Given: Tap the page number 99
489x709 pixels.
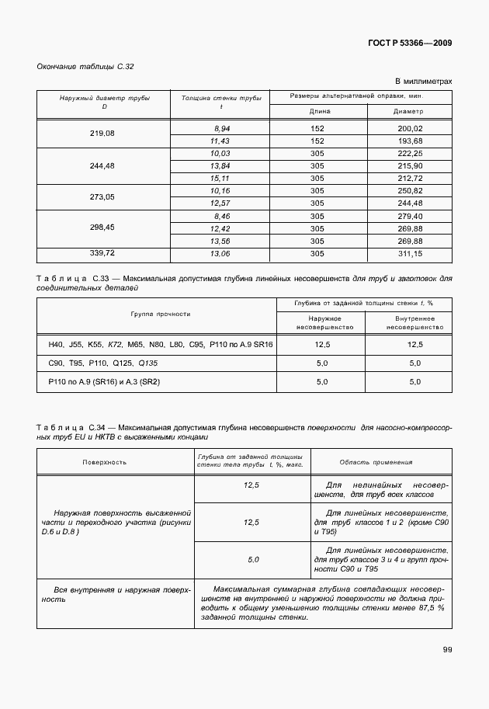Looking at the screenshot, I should click(x=447, y=649).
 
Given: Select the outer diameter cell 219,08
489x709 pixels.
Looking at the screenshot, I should click(x=102, y=134).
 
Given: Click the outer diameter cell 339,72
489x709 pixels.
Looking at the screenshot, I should click(x=102, y=253).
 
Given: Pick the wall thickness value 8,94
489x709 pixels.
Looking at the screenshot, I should click(x=221, y=128).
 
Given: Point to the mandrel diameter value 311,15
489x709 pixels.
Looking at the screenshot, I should click(x=409, y=253).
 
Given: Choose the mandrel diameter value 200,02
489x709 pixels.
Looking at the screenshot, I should click(x=409, y=128).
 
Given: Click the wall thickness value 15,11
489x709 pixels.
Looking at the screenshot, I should click(x=221, y=178).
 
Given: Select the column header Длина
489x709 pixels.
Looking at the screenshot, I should click(x=317, y=111).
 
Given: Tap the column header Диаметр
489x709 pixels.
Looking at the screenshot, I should click(x=409, y=111).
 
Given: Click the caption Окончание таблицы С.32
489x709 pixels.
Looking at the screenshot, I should click(x=85, y=67).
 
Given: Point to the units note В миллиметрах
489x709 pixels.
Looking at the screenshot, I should click(x=423, y=81).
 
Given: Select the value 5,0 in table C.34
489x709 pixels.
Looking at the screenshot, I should click(x=253, y=559).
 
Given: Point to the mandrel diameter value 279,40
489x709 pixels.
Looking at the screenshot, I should click(x=409, y=216).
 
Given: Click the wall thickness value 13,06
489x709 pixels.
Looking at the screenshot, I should click(x=221, y=253).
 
